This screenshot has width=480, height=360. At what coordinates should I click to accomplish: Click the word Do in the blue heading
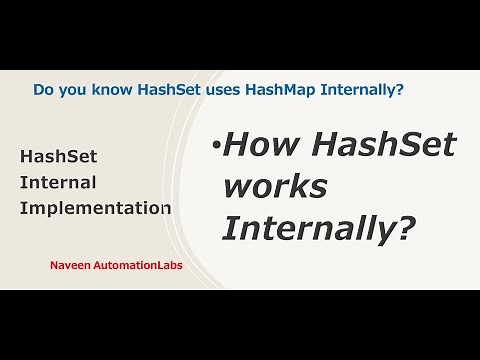(44, 90)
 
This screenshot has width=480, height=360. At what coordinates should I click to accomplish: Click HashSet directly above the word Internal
(58, 157)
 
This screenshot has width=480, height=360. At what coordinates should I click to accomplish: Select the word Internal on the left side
(58, 183)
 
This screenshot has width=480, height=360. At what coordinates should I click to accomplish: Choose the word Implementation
(95, 209)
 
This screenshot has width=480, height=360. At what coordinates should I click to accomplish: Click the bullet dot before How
(215, 149)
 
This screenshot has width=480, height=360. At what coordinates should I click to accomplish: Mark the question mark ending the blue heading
(400, 90)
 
